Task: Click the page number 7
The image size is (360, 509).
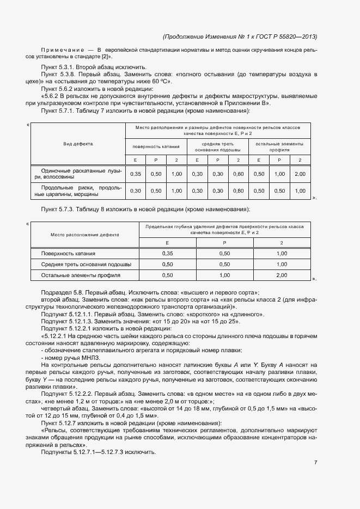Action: click(x=316, y=462)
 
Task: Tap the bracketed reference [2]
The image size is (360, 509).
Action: click(x=103, y=57)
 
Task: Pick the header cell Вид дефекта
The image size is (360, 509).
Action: click(x=78, y=144)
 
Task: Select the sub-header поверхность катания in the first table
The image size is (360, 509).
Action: click(x=155, y=146)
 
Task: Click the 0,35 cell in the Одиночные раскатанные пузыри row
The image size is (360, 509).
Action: click(x=136, y=174)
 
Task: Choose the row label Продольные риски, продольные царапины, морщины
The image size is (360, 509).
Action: click(x=78, y=191)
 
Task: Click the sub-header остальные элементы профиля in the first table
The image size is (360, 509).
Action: click(x=279, y=146)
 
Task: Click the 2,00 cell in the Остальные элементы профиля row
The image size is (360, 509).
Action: click(x=281, y=275)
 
